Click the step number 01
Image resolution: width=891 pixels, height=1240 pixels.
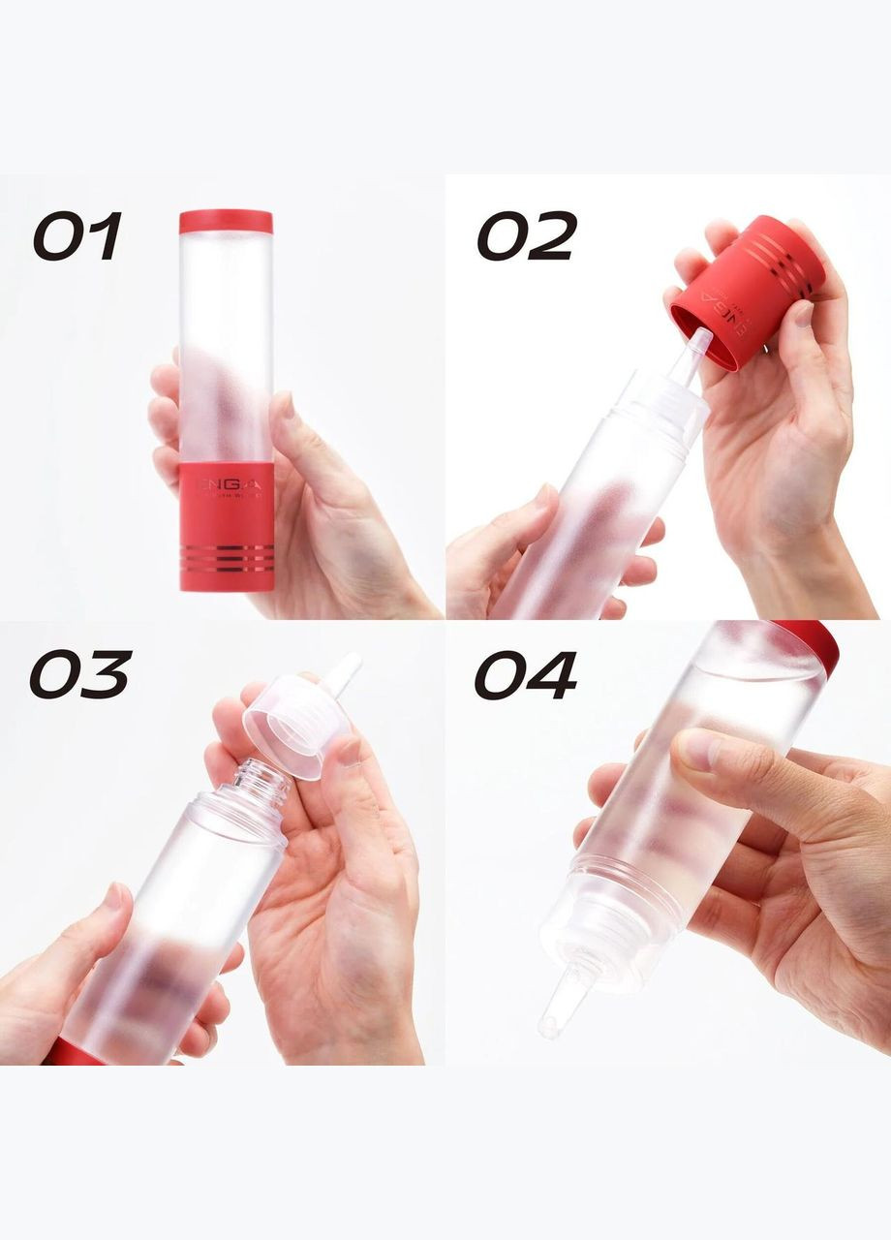click(77, 237)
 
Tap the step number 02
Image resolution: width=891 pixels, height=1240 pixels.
click(527, 236)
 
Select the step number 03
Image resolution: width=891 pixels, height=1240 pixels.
click(79, 674)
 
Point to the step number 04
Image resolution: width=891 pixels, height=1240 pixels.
click(525, 674)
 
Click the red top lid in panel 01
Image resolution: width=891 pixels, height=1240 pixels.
click(226, 222)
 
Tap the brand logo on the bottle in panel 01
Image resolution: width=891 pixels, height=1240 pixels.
click(226, 481)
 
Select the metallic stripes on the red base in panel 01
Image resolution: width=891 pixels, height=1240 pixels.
click(227, 557)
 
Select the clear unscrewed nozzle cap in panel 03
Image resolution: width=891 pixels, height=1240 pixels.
click(291, 722)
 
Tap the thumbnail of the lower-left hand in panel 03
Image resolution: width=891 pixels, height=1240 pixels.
click(113, 896)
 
